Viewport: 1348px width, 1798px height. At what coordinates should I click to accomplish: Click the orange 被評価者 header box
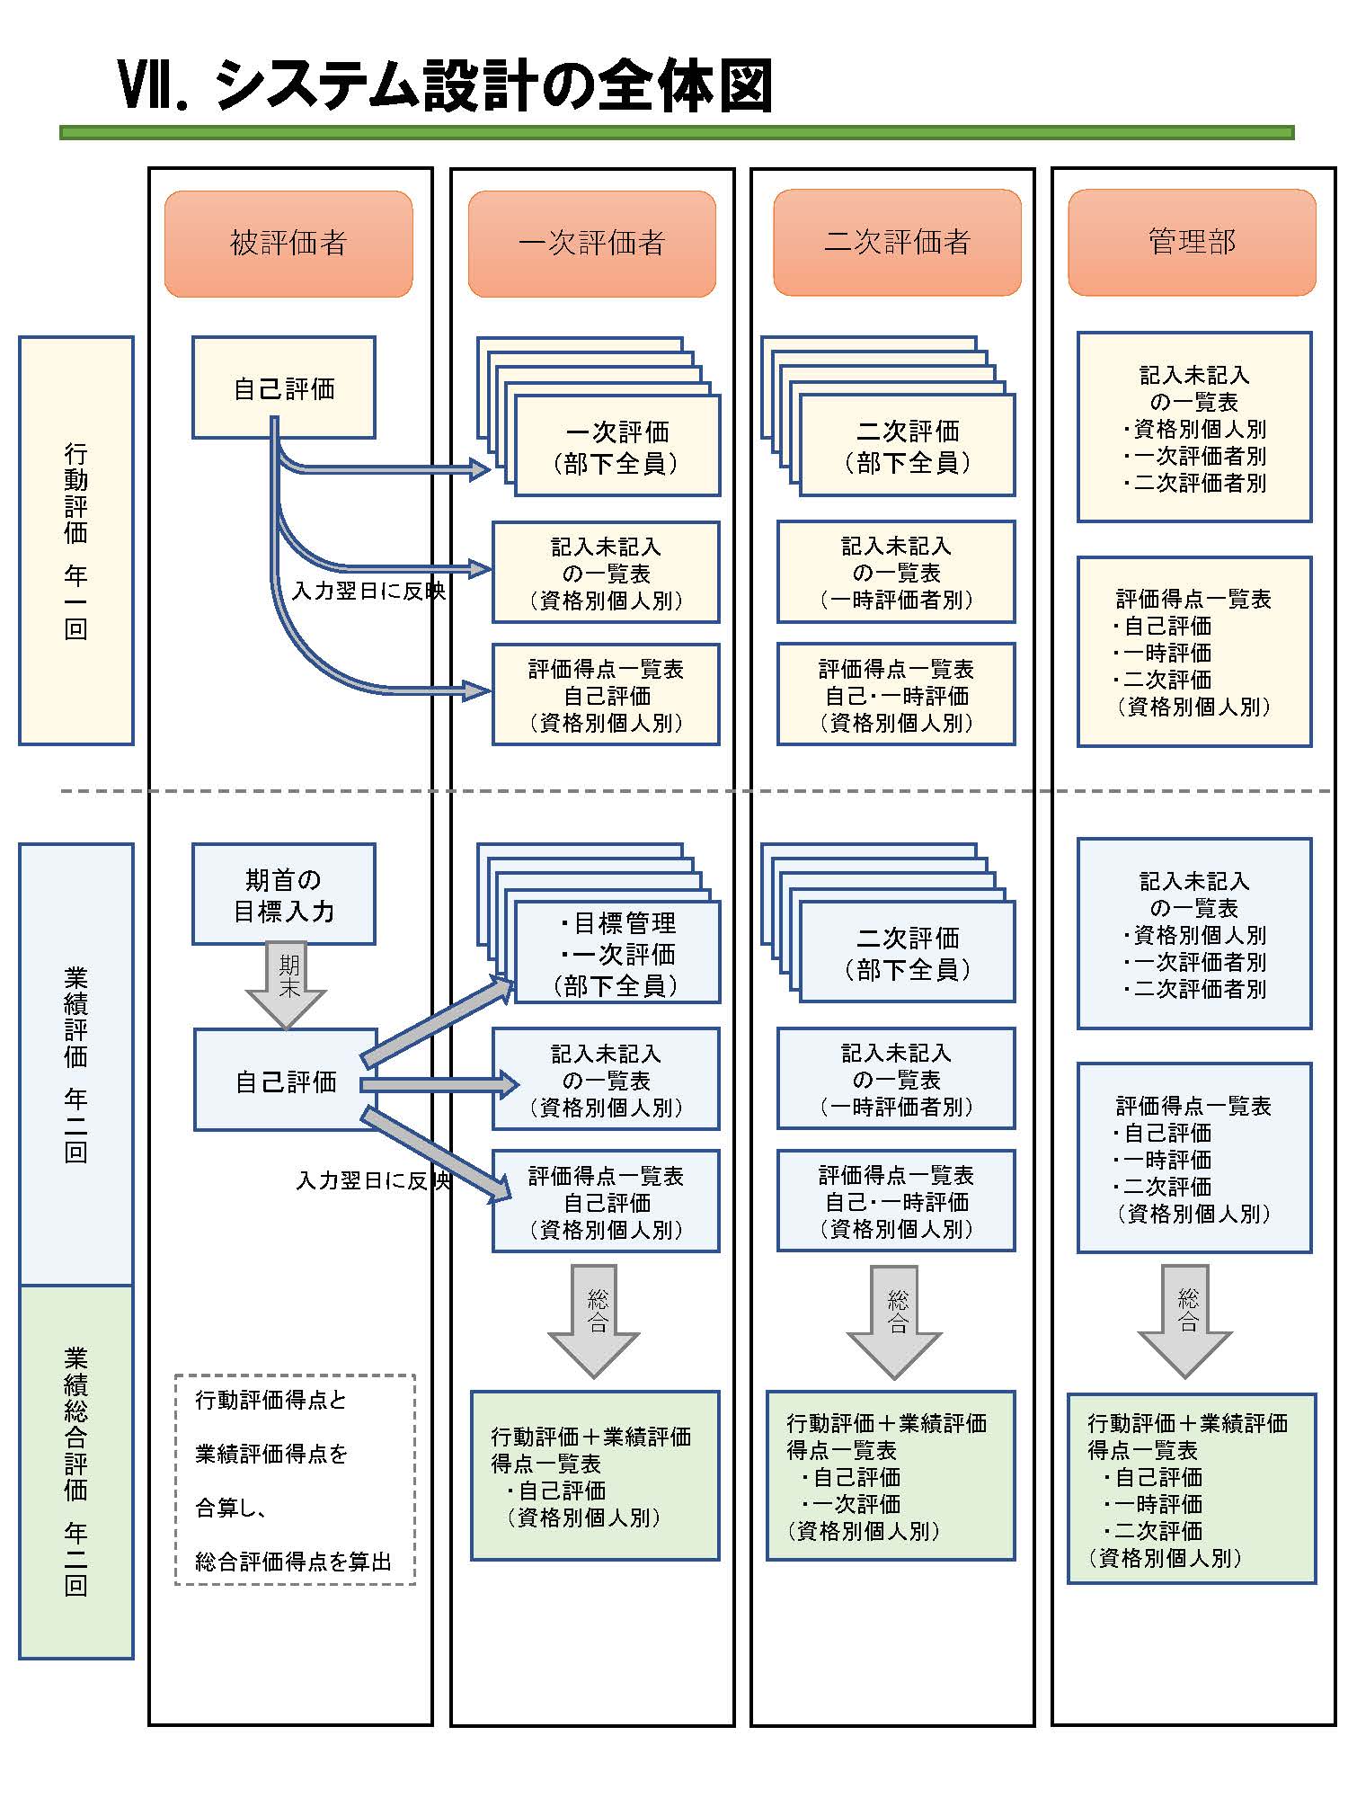click(288, 243)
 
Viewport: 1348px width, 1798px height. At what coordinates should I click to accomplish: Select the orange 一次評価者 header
click(591, 243)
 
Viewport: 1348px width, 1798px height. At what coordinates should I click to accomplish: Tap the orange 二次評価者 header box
click(897, 242)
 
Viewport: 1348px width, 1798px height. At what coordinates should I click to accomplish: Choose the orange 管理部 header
click(1192, 242)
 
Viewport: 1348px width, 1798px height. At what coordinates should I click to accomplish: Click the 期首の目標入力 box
click(284, 895)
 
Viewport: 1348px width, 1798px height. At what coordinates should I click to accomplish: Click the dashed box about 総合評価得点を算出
click(295, 1479)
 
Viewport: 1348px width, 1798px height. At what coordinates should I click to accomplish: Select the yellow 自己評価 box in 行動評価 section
click(284, 388)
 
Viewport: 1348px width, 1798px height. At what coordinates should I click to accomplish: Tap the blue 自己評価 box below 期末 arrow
click(286, 1080)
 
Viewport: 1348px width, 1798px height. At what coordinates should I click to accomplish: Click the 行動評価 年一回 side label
click(76, 540)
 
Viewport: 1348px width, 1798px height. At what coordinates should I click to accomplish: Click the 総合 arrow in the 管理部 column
click(1186, 1322)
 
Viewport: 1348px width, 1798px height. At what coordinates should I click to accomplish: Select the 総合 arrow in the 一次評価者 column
click(594, 1322)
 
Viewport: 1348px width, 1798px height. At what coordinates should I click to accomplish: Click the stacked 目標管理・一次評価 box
click(616, 953)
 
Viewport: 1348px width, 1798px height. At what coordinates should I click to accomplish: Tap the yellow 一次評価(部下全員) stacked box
click(616, 447)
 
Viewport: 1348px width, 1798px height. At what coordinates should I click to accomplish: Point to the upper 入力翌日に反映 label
click(368, 591)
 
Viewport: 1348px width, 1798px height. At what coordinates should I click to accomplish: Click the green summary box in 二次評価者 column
click(890, 1475)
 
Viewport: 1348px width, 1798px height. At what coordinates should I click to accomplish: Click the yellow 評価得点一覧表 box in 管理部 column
click(1193, 652)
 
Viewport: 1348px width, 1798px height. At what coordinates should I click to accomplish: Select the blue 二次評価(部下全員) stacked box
click(907, 953)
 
